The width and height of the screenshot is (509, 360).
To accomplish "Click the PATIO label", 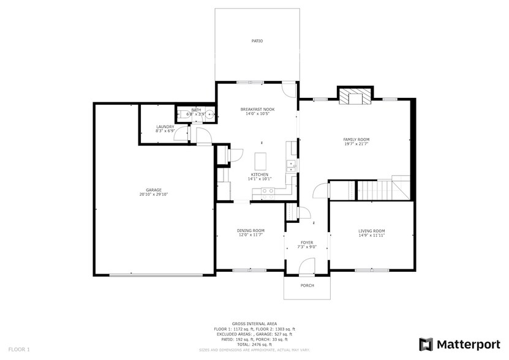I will click(257, 41).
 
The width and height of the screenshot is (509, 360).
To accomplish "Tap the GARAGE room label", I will click(154, 190).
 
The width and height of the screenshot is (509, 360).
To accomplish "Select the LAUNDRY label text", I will click(165, 127).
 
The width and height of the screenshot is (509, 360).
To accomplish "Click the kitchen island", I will click(262, 162).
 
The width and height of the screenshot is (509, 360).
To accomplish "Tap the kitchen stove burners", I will click(267, 191).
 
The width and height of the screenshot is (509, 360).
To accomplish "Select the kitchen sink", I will click(292, 165).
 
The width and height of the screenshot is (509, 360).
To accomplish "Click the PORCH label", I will click(307, 286).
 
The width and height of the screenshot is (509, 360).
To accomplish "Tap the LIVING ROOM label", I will click(371, 231).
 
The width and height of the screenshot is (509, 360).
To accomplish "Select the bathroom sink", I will click(209, 113).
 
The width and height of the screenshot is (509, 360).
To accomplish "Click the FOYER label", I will click(307, 242).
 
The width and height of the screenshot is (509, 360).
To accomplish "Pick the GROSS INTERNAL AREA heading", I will click(254, 323).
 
